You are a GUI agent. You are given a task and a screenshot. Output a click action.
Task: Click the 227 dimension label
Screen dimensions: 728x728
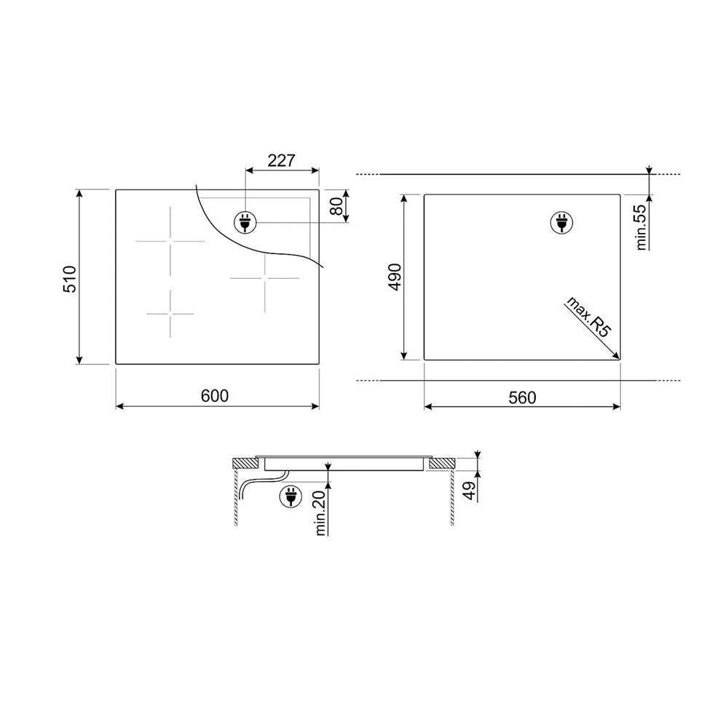(281, 160)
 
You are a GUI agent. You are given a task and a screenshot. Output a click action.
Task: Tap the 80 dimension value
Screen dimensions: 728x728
(339, 206)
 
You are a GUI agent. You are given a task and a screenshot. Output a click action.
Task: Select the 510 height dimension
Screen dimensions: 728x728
(69, 279)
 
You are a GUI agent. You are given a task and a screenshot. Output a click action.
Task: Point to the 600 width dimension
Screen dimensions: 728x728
(215, 395)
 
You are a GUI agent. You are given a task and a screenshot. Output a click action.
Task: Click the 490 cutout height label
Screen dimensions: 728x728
(395, 277)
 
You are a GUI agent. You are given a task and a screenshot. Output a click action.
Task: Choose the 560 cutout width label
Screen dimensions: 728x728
(522, 398)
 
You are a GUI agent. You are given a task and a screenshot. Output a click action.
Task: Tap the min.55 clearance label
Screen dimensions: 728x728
(641, 227)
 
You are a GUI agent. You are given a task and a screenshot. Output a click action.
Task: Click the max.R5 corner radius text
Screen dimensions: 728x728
(587, 318)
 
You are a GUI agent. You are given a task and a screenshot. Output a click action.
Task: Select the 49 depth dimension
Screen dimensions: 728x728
(470, 491)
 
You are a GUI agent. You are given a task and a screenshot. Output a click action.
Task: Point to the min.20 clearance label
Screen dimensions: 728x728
(320, 513)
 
